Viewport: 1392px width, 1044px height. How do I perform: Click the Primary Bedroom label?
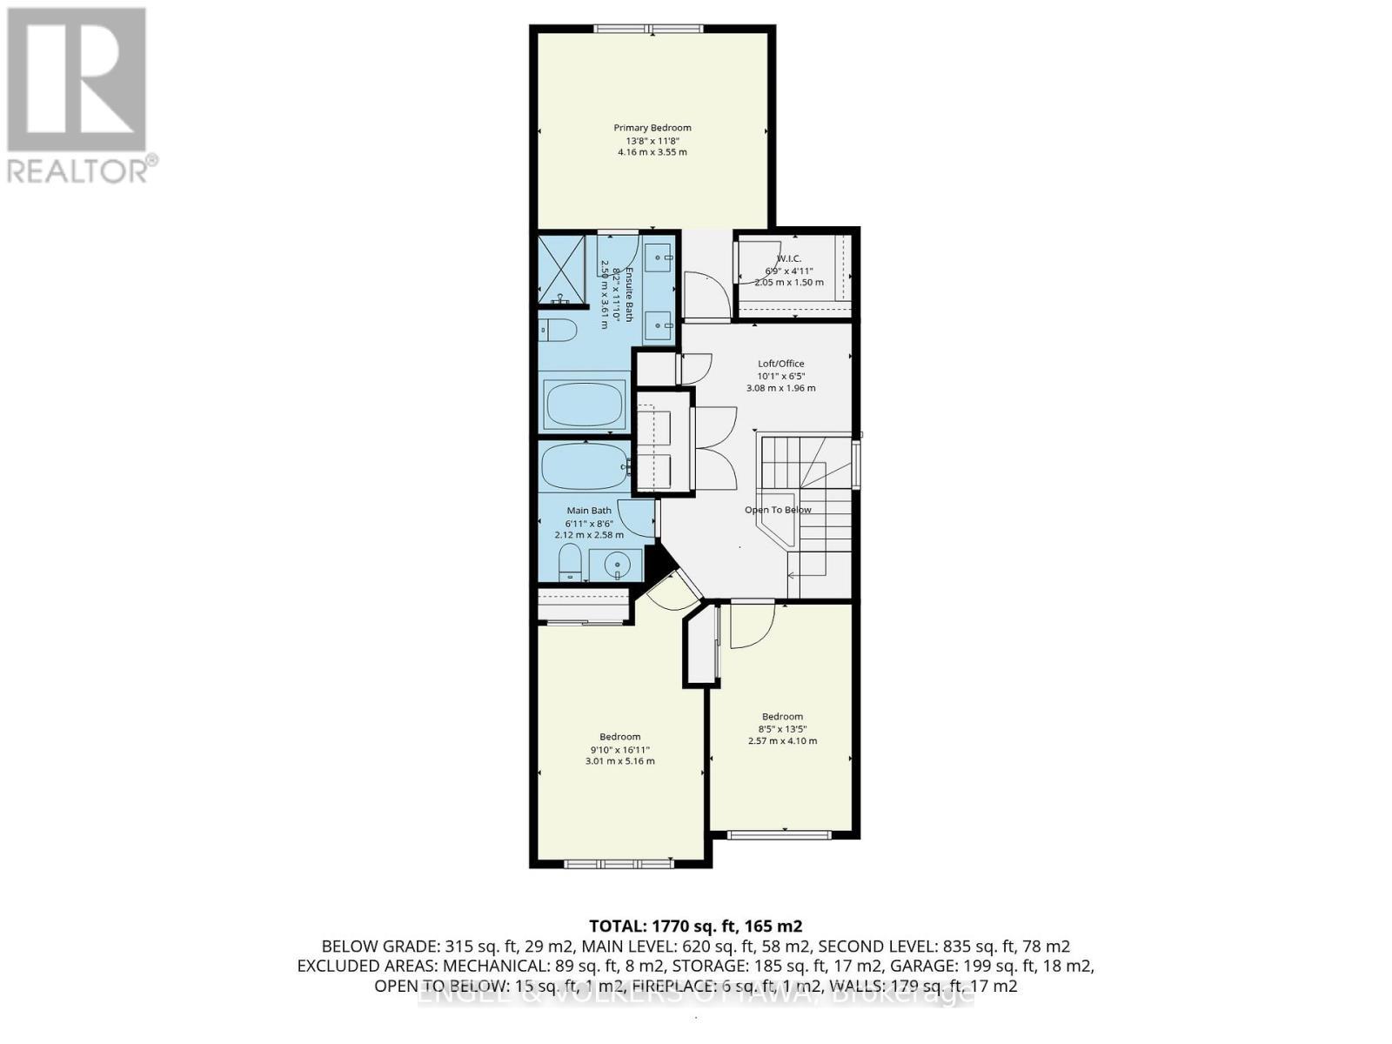click(652, 128)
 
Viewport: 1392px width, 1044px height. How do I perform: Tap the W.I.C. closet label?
click(789, 258)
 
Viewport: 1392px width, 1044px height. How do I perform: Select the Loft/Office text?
click(780, 364)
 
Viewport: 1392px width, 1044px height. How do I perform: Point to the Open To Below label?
click(778, 510)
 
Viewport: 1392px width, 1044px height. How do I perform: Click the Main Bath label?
click(589, 511)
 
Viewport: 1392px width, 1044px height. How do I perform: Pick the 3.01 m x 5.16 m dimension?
click(619, 761)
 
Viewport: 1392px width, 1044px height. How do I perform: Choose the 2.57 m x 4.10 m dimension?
click(782, 741)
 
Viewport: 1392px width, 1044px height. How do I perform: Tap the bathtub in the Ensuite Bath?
click(585, 403)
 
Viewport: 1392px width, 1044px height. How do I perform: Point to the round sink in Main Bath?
click(618, 565)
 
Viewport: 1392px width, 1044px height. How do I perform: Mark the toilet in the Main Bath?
click(570, 564)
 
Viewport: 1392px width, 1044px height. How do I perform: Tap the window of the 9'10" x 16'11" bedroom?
click(617, 864)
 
